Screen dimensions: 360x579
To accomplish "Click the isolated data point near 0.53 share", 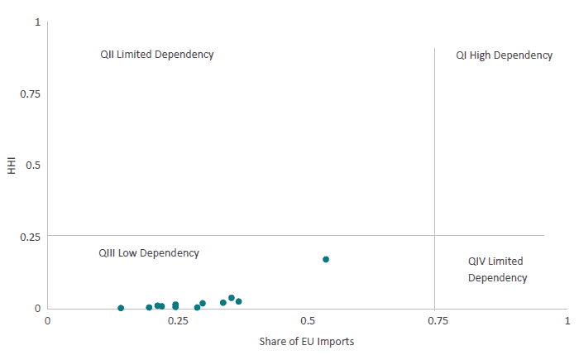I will (x=326, y=259).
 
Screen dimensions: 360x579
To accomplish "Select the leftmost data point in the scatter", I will (x=121, y=308).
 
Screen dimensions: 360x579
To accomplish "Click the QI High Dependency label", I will (x=504, y=55).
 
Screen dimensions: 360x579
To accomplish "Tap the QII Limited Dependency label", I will (x=157, y=55).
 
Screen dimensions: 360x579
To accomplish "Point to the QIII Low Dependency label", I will (x=149, y=253).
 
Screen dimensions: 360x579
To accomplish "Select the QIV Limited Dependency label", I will (x=497, y=270).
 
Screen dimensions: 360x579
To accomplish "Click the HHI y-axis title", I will (x=12, y=166).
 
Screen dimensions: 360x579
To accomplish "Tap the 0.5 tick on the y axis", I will (x=33, y=166).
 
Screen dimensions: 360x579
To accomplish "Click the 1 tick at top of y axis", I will (x=37, y=22).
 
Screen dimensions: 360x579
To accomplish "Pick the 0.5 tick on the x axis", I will (x=308, y=320).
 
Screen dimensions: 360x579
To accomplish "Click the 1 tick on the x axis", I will (x=567, y=320).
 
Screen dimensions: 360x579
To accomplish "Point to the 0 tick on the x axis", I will (x=48, y=320).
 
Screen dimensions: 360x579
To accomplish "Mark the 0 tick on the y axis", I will (x=37, y=309).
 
